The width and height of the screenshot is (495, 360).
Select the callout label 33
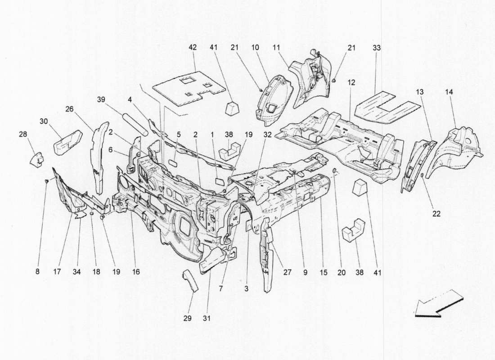pos(376,47)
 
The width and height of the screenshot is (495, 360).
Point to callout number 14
pos(450,92)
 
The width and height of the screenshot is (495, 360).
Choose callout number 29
pos(187,318)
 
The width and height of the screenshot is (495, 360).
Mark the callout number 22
pos(436,214)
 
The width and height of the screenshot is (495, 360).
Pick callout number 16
pos(136,271)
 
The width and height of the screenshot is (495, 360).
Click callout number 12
pos(351,83)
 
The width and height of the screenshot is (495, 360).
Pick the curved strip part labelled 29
pos(190,281)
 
